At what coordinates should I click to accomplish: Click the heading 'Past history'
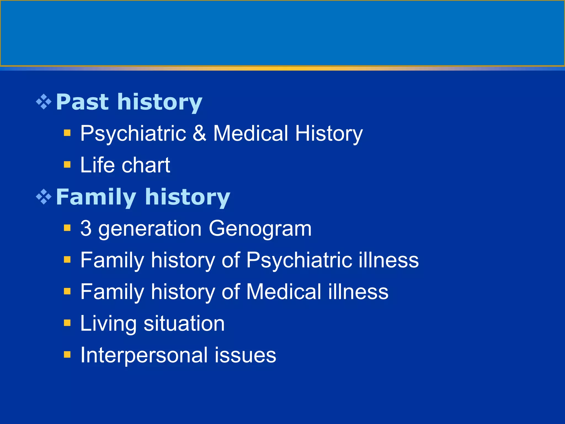coord(129,102)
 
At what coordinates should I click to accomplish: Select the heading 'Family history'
coord(143,197)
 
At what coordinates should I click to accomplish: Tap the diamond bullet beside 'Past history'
coord(44,102)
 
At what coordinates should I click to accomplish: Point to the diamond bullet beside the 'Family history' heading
coord(44,197)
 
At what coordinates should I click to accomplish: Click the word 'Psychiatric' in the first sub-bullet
coord(133,134)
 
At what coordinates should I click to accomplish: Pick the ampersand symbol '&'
coord(199,133)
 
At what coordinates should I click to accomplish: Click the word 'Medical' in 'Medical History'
coord(250,133)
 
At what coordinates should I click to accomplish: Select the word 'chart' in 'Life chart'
coord(146,165)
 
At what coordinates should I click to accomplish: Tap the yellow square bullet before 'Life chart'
coord(67,165)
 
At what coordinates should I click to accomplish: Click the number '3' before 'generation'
coord(86,228)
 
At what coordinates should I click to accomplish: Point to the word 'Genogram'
coord(260,229)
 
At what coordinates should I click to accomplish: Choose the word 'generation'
coord(150,229)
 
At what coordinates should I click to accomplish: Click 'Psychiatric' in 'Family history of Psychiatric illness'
coord(299,260)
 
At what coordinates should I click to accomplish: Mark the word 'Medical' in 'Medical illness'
coord(284,292)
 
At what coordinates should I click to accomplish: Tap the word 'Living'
coord(108,324)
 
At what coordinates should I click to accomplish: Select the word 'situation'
coord(184,324)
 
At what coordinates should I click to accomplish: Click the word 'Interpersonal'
coord(144,355)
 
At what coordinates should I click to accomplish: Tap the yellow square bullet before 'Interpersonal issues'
coord(67,355)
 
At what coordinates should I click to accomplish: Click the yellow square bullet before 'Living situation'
coord(67,323)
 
